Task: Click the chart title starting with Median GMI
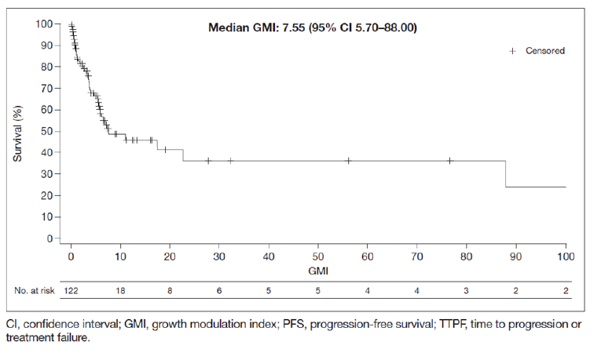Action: point(312,27)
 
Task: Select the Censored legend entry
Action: point(544,51)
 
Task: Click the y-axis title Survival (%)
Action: point(18,130)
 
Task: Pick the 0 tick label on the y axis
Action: point(49,238)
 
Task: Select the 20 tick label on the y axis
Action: point(46,195)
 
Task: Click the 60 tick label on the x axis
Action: point(368,256)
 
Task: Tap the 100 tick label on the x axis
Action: point(566,256)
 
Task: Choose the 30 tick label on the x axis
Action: point(219,256)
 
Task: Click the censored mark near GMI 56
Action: point(348,161)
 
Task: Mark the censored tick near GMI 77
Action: point(449,161)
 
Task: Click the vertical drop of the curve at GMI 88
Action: point(506,174)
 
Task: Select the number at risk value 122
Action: point(71,290)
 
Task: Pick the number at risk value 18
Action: point(120,290)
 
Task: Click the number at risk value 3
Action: point(467,290)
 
